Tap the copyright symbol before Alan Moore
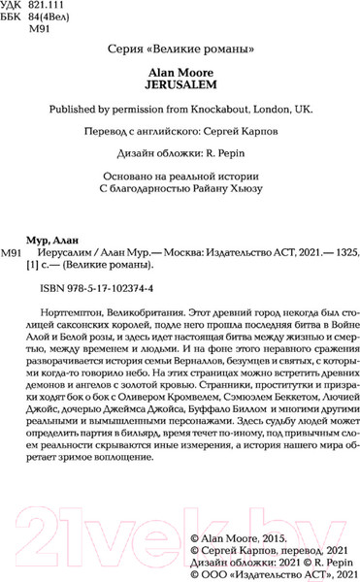pyautogui.click(x=193, y=534)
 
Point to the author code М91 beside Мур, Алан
pyautogui.click(x=14, y=253)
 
